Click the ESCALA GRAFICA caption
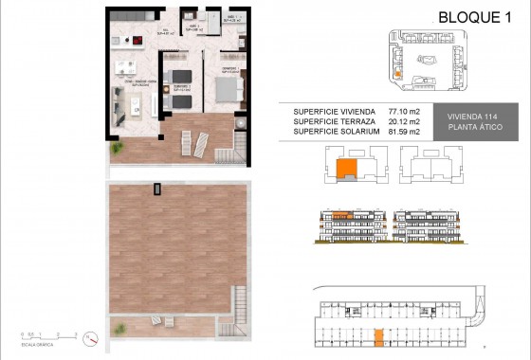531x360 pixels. pos(35,343)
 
